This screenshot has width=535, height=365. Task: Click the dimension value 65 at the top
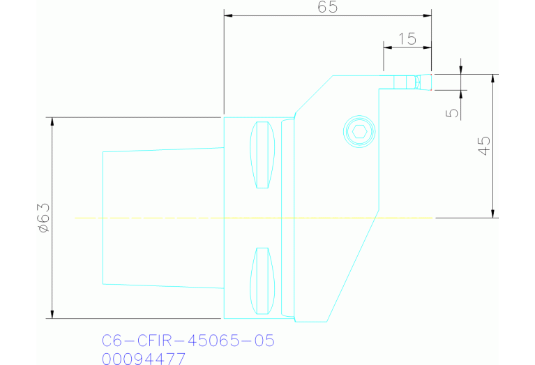coord(327,8)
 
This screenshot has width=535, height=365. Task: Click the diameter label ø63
coord(43,218)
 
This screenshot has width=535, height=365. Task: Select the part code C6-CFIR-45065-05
coord(188,341)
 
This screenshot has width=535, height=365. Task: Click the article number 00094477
coord(144,359)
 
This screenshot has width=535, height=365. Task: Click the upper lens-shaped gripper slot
coord(262,155)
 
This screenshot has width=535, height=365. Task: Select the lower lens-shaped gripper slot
coord(262,281)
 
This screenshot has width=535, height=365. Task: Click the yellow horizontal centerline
coord(209,218)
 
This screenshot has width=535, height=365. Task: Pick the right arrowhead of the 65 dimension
coord(428,15)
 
